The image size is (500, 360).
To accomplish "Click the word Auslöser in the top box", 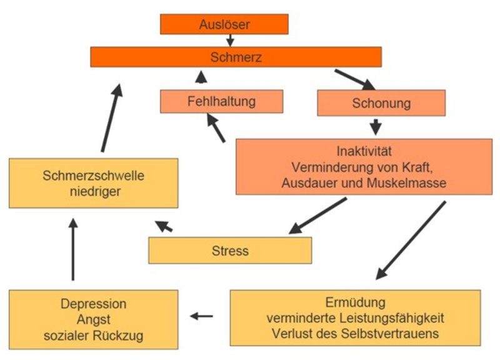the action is (224, 24).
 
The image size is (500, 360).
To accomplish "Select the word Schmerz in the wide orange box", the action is (236, 57).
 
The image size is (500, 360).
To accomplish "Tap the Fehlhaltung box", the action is (222, 101).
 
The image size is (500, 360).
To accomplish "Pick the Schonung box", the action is (381, 103).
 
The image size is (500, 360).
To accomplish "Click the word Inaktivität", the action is (364, 151).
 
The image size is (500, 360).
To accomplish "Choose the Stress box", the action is (230, 250).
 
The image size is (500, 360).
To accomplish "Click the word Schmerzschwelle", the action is (93, 176).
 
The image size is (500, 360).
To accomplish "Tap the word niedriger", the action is (95, 192).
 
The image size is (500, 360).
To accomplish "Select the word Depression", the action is (93, 304).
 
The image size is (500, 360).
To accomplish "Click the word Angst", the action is (93, 319).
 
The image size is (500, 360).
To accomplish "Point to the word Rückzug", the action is (118, 336).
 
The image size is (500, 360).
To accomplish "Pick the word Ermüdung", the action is (355, 302).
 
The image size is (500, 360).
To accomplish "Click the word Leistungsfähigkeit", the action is (392, 318).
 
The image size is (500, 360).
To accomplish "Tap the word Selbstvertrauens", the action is (389, 334).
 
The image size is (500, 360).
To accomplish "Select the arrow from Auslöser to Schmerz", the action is (230, 40).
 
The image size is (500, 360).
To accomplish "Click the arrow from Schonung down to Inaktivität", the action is (376, 127).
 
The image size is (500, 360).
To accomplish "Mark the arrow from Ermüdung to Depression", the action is (201, 316).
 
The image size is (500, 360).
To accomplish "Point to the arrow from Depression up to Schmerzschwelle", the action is (73, 249).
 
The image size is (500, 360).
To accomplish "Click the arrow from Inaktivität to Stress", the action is (317, 216).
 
